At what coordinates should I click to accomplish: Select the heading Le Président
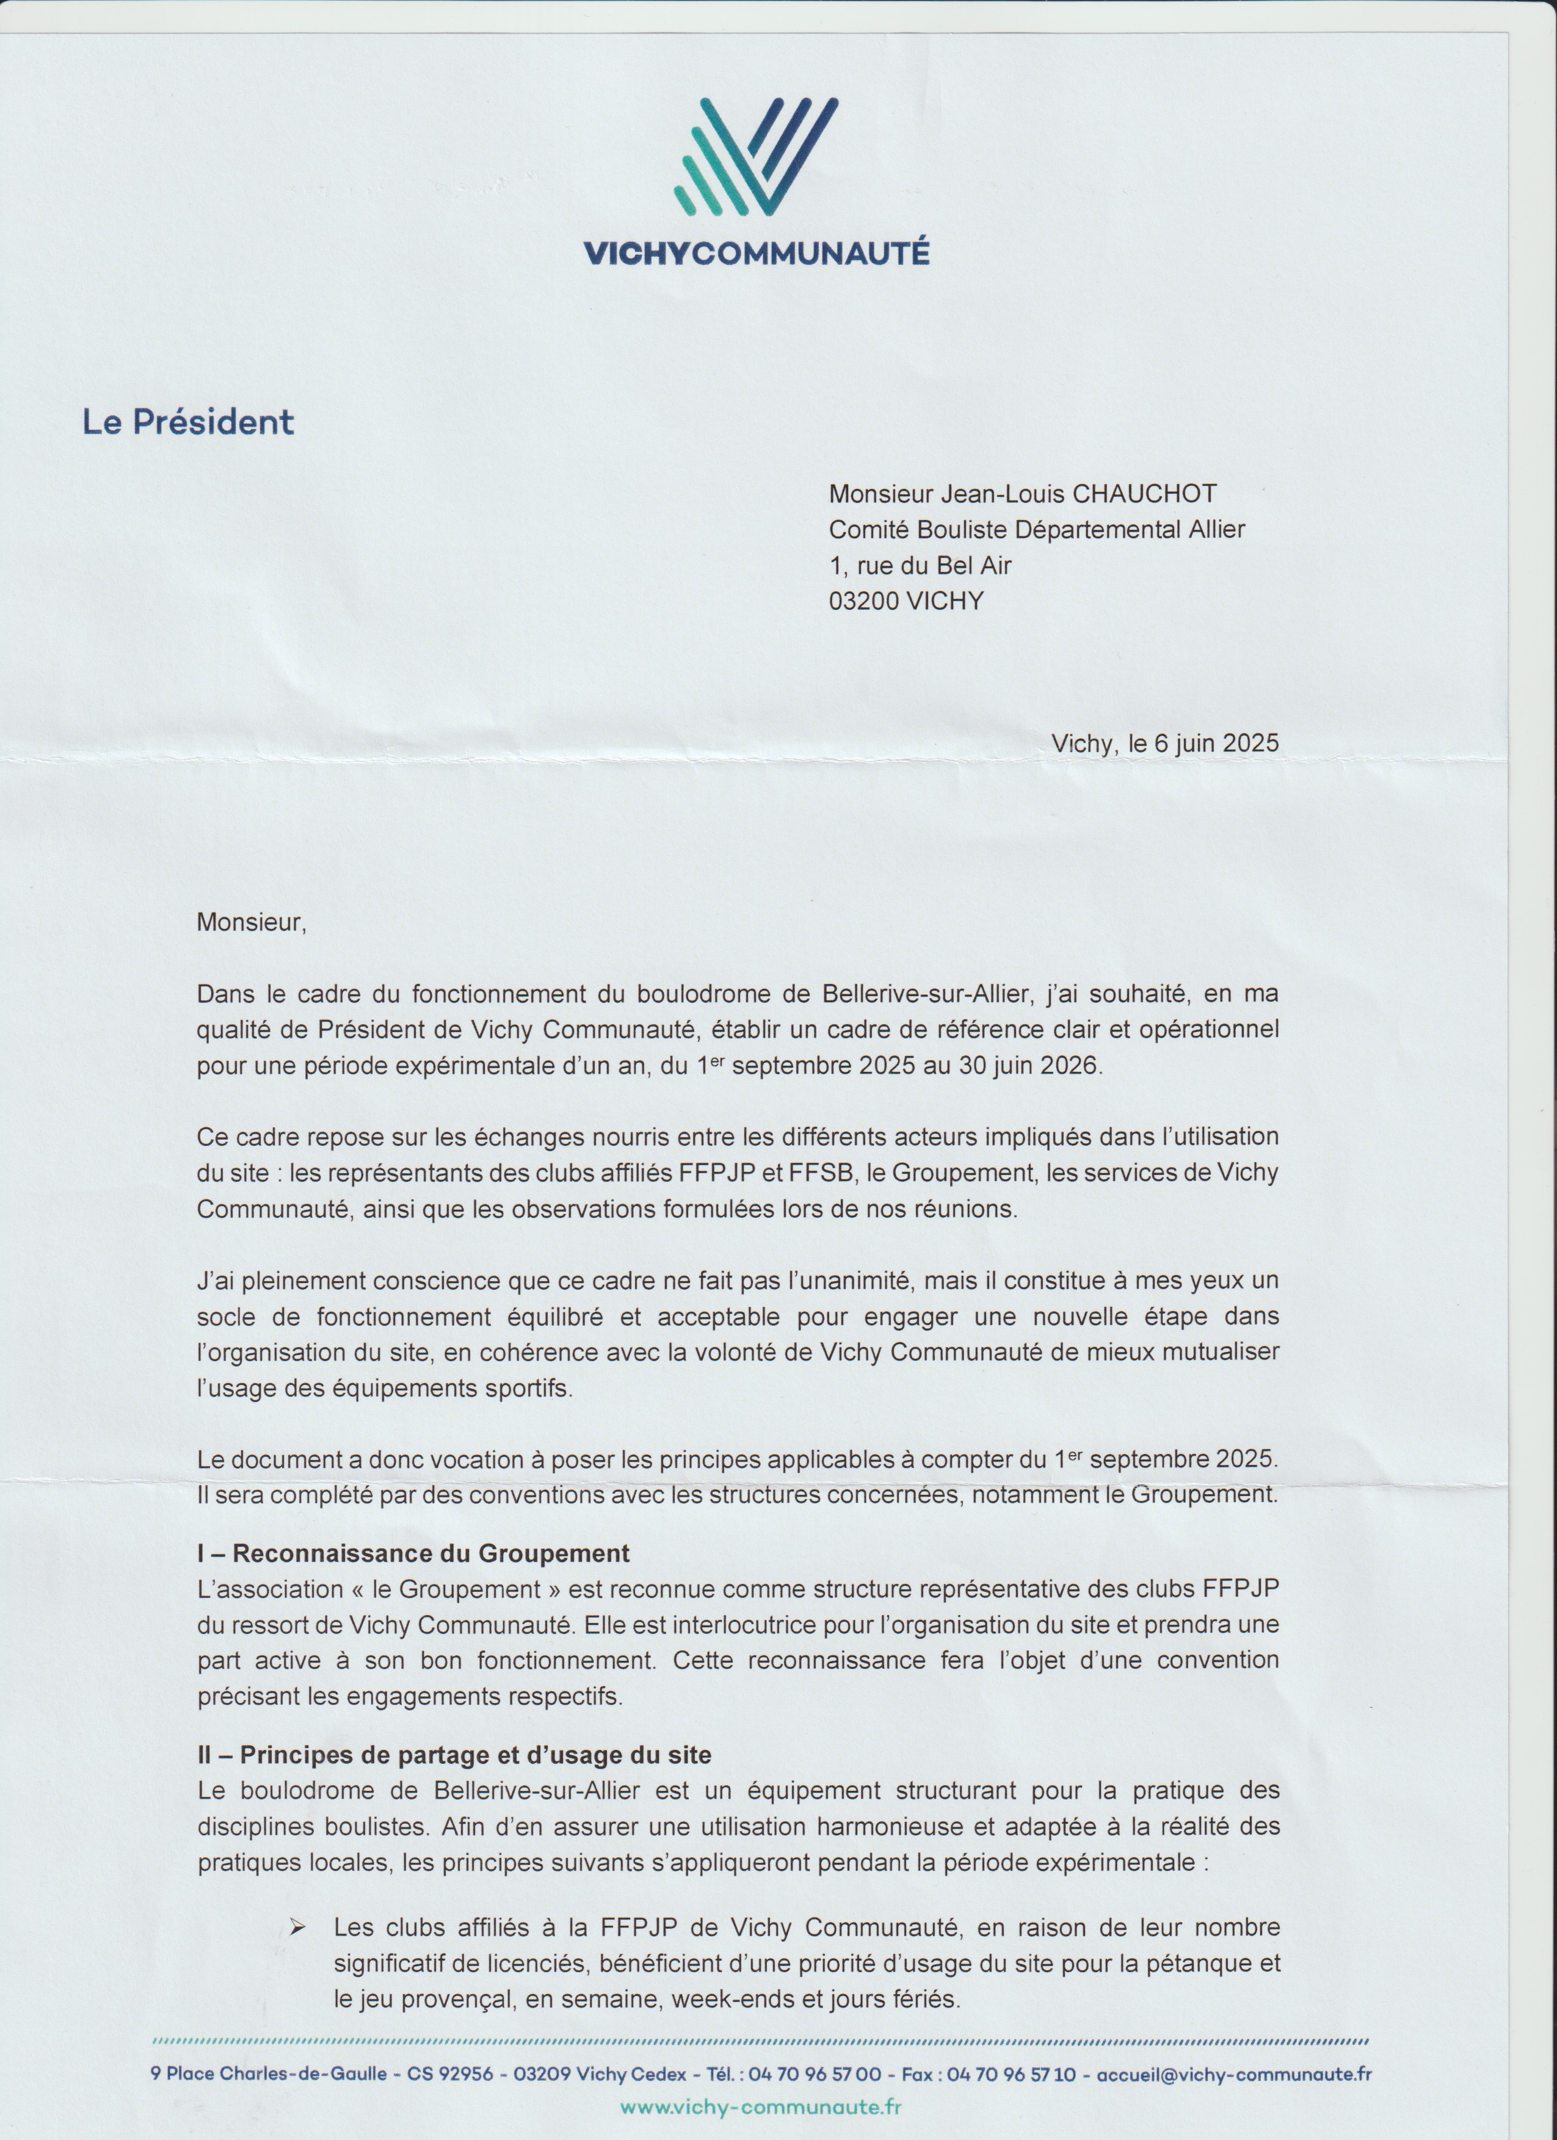[188, 422]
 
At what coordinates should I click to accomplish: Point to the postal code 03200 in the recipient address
[863, 601]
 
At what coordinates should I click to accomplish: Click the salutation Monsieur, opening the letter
[251, 922]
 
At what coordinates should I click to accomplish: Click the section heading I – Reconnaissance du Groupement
[413, 1552]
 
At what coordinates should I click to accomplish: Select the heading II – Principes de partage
[454, 1754]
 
